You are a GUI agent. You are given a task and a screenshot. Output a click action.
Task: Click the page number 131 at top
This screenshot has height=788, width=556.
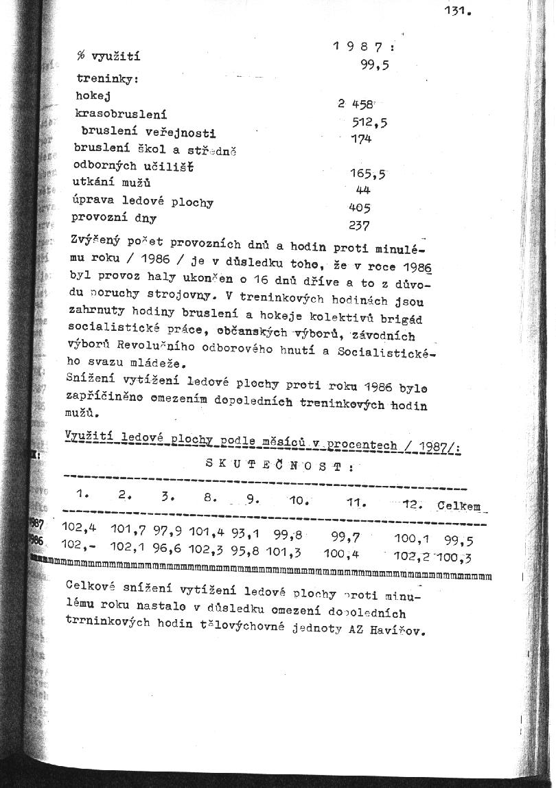pyautogui.click(x=458, y=11)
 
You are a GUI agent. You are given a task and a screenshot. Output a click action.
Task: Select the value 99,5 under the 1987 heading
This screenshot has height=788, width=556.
pyautogui.click(x=375, y=65)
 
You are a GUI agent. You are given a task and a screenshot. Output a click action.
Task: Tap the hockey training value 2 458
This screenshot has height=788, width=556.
pyautogui.click(x=355, y=104)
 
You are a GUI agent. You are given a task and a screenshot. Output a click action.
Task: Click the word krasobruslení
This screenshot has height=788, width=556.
pyautogui.click(x=121, y=114)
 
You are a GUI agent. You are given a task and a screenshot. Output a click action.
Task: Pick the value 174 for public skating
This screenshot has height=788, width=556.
pyautogui.click(x=360, y=139)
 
